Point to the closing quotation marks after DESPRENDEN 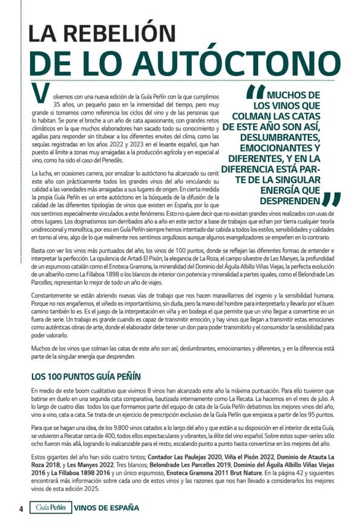[x=330, y=199]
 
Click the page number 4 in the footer [x=21, y=508]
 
